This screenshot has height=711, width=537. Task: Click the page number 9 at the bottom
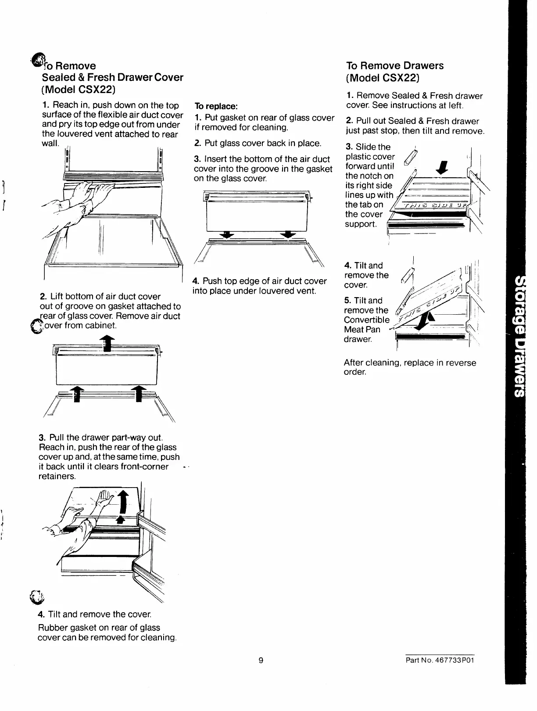click(261, 661)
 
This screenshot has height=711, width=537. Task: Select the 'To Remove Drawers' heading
click(394, 66)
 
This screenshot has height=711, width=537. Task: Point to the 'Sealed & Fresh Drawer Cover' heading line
click(112, 77)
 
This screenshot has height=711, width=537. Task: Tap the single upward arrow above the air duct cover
click(107, 343)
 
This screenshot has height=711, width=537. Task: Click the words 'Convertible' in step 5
click(366, 320)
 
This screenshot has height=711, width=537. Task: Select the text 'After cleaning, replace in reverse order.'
click(410, 367)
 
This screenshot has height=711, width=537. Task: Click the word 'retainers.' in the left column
click(57, 476)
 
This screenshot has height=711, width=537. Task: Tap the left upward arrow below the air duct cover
click(77, 393)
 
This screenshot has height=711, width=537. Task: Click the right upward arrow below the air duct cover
click(139, 393)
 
